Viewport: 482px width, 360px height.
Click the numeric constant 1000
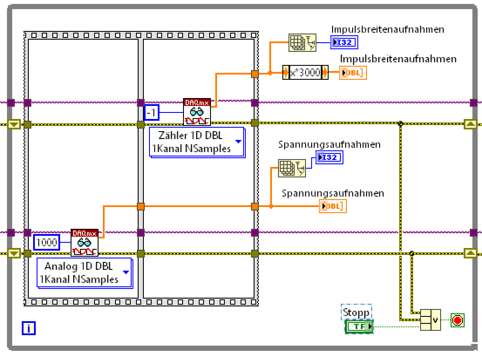[47, 242]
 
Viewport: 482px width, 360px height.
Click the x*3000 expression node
[305, 72]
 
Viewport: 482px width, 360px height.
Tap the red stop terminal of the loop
[457, 321]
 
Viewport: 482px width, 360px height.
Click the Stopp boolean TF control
[359, 326]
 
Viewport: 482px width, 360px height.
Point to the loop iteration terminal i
[28, 328]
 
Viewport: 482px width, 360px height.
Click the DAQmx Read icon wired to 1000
[85, 243]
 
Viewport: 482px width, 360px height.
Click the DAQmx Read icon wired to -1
[197, 112]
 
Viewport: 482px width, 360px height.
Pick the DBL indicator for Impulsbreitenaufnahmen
[353, 73]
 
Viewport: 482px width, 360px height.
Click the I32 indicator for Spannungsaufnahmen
[329, 157]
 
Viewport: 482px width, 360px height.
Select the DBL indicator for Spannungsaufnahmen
[333, 206]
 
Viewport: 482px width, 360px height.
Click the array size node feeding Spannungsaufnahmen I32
[292, 168]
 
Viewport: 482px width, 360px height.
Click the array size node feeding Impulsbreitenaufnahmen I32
[302, 42]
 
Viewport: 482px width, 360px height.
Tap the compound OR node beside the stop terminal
[430, 320]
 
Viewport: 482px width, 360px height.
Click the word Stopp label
[356, 312]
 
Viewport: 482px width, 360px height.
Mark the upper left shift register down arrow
[14, 125]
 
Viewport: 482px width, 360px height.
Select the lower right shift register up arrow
[471, 253]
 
